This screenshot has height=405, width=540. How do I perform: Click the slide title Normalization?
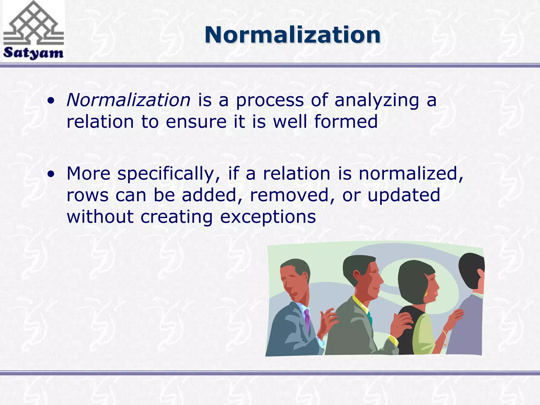292,35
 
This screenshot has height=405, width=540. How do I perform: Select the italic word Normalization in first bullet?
128,100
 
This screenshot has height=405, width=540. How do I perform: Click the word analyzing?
377,101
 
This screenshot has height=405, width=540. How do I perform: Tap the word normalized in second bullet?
411,174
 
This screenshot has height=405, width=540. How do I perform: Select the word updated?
404,196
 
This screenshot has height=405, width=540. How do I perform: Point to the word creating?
176,217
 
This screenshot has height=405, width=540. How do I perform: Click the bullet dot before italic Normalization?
51,100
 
